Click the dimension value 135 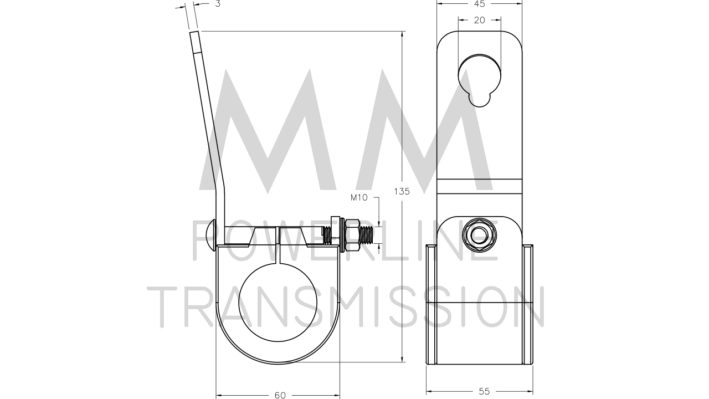point(402,191)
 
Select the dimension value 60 point(280,395)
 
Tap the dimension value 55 point(484,391)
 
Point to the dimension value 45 point(480,4)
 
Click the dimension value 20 point(480,20)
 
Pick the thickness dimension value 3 point(218,4)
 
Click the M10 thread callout point(359,198)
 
